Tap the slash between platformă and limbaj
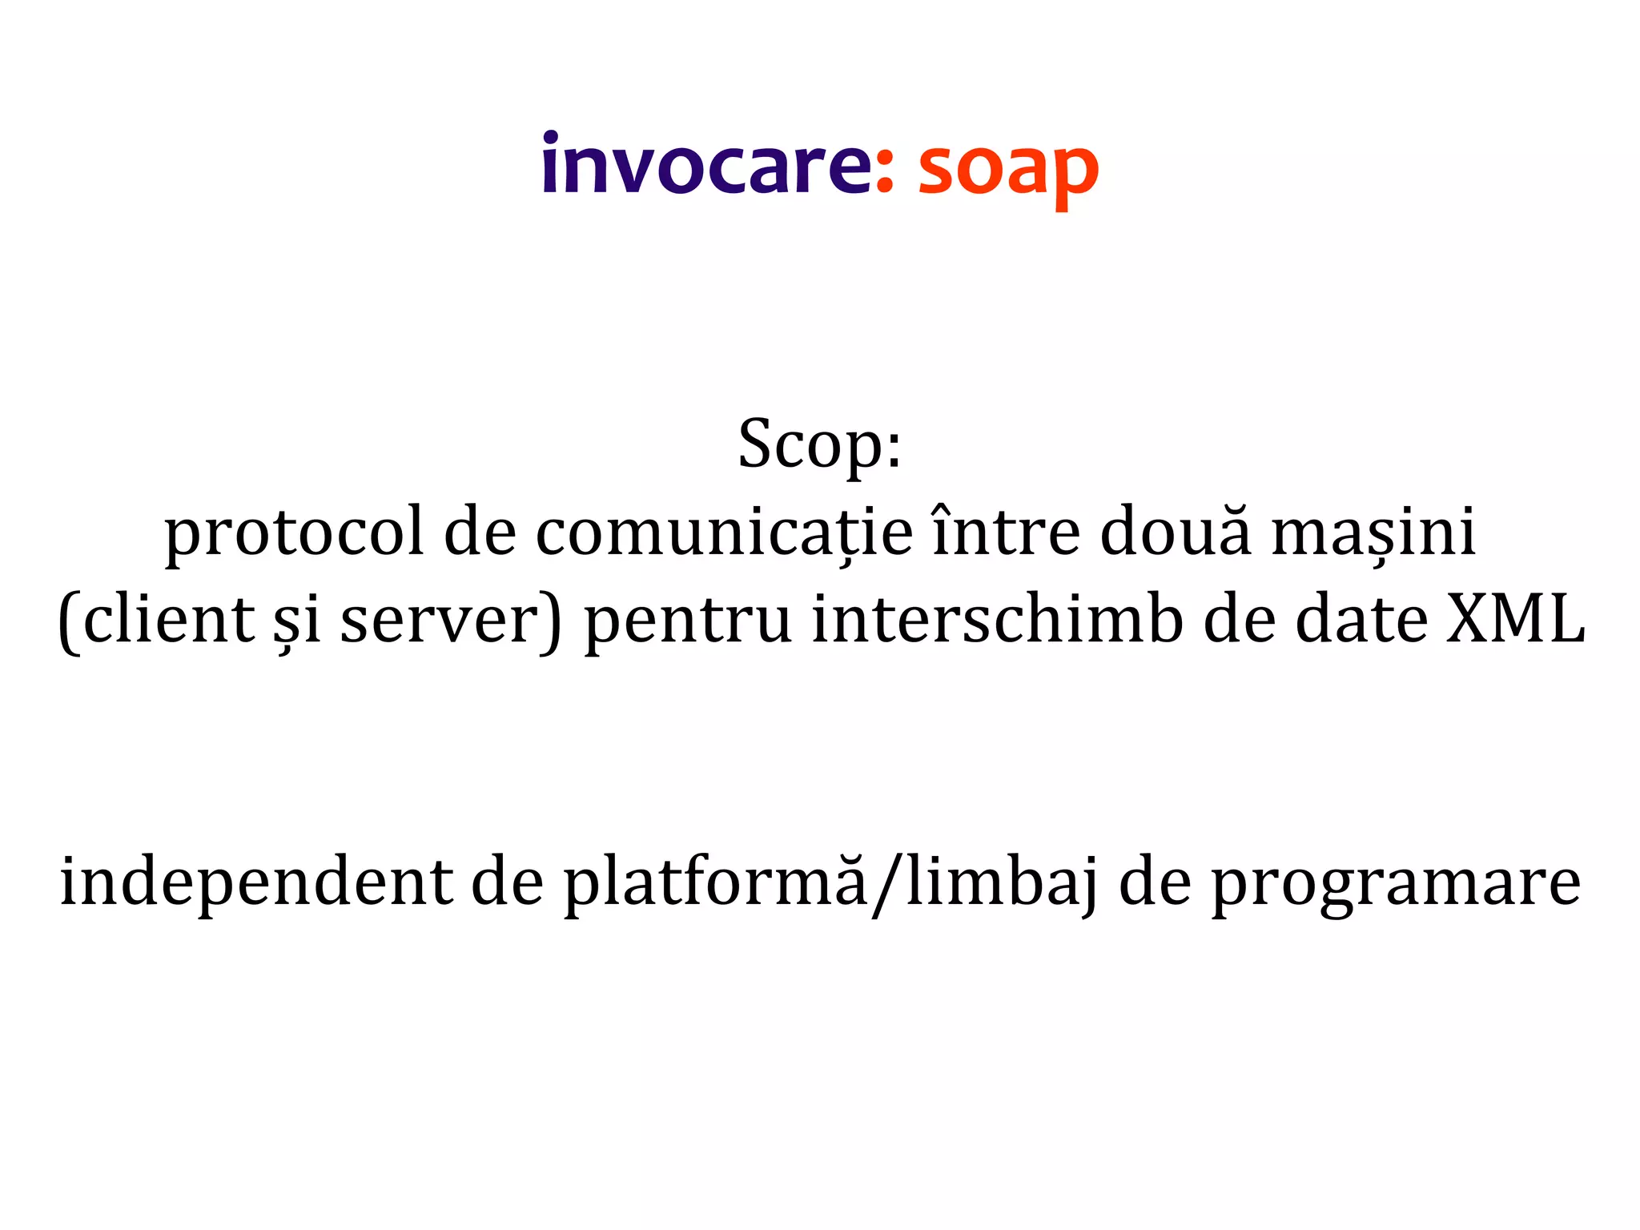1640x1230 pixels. pyautogui.click(x=885, y=885)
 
